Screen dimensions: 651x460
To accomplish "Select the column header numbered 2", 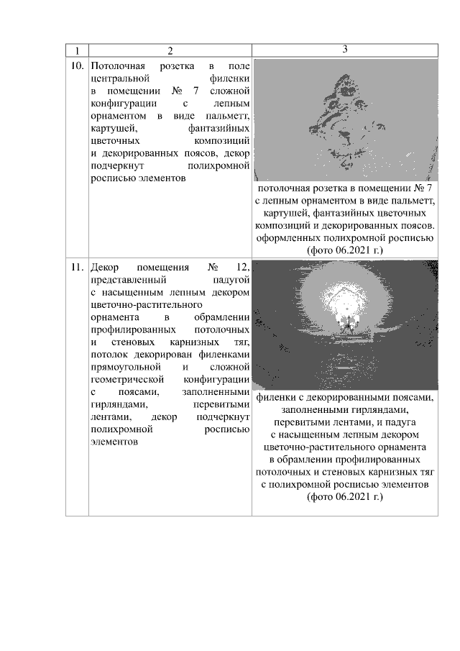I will tap(170, 50).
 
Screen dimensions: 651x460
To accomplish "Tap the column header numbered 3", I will tap(345, 49).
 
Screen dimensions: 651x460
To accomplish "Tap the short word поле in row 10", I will tap(238, 66).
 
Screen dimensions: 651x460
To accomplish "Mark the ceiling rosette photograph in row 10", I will tap(345, 119).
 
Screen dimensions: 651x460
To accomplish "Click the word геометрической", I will tap(132, 378).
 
